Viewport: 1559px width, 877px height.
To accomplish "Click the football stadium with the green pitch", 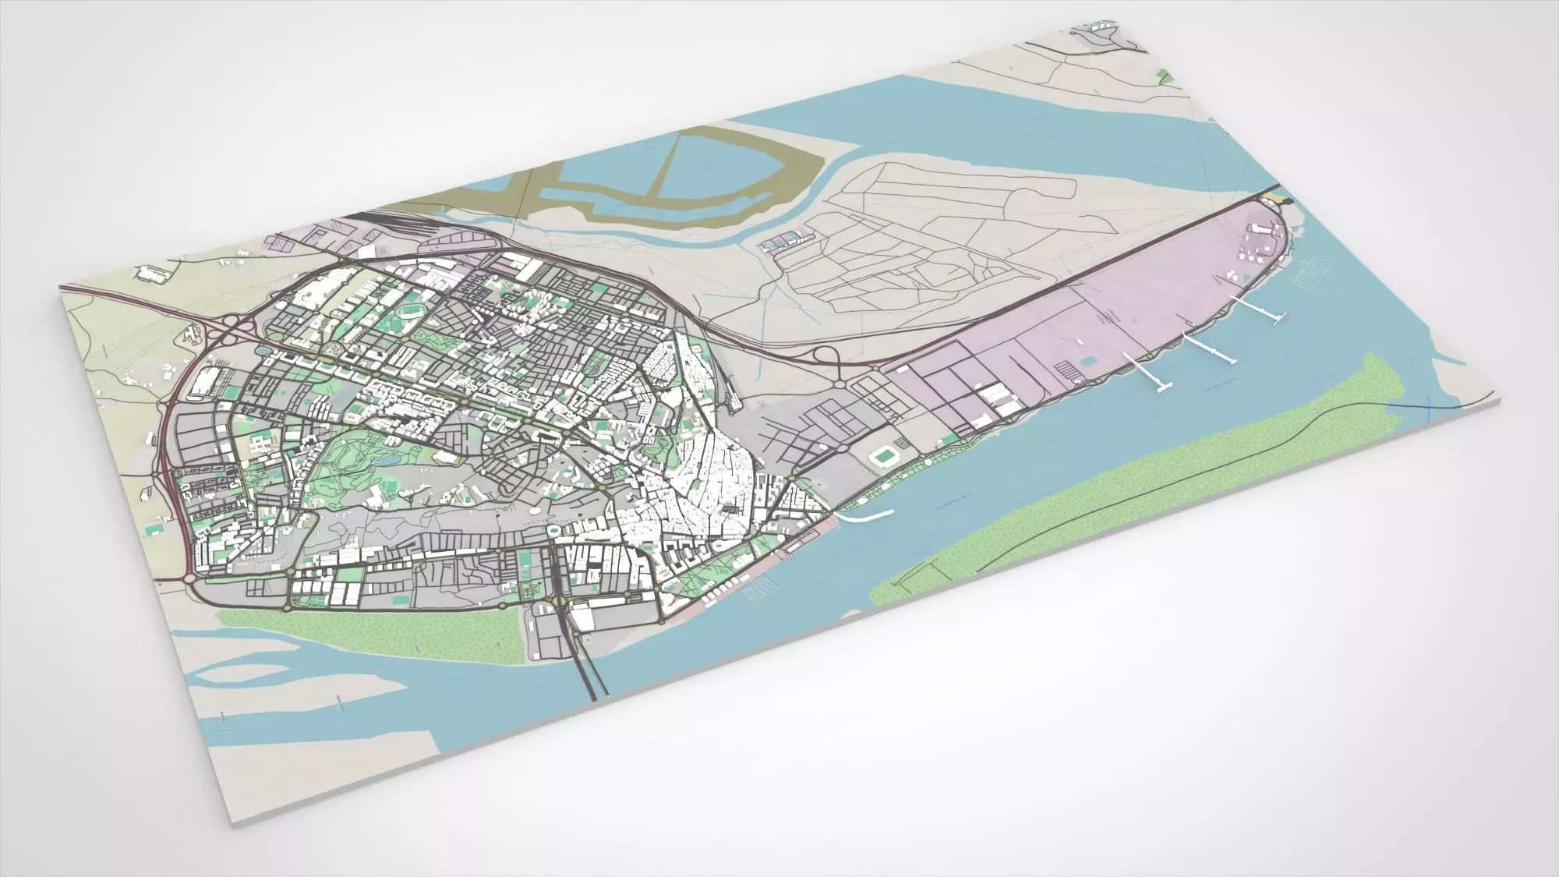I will click(883, 454).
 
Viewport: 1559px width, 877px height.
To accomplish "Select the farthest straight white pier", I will click(1254, 308).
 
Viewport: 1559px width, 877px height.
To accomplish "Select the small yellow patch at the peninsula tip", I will click(1275, 196).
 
